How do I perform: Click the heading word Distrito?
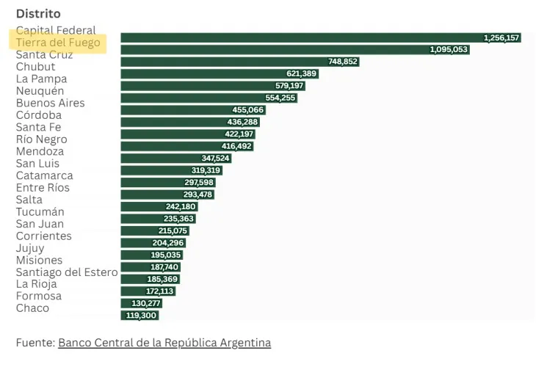coord(38,14)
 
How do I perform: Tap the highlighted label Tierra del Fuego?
coord(58,43)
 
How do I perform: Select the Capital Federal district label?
coord(56,30)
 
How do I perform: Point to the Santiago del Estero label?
coord(67,272)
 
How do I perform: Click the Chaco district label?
coord(32,308)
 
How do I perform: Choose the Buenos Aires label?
coord(50,103)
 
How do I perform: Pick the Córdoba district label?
coord(39,115)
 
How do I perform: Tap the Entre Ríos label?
coord(43,188)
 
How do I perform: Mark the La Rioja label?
coord(36,284)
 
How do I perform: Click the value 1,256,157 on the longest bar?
coord(501,37)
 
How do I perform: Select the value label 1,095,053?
coord(448,49)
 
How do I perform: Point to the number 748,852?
coord(343,62)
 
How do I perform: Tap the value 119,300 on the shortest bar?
coord(140,316)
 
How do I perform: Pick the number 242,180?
coord(181,207)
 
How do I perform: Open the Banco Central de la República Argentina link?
coord(164,343)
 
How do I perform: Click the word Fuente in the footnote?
coord(35,343)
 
